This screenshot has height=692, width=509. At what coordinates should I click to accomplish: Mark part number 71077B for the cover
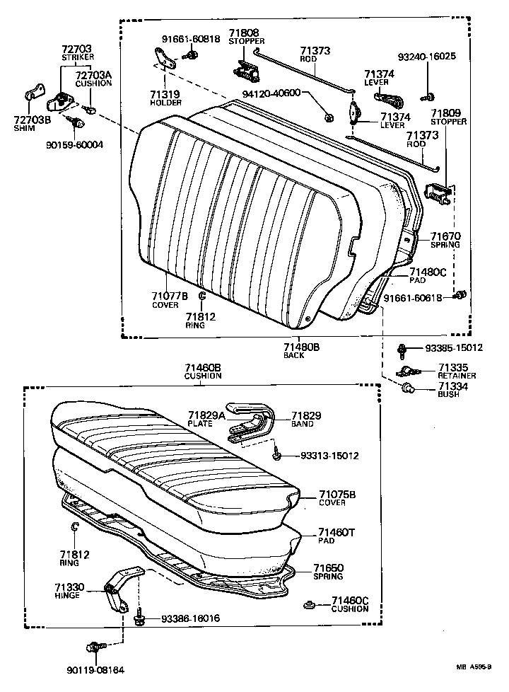[x=169, y=296]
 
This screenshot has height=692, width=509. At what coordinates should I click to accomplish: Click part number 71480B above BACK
[x=302, y=347]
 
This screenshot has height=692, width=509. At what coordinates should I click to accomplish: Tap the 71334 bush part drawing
[x=407, y=388]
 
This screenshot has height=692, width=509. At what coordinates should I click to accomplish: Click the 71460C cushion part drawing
[x=308, y=605]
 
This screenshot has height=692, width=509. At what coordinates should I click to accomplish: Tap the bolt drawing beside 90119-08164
[x=95, y=647]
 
